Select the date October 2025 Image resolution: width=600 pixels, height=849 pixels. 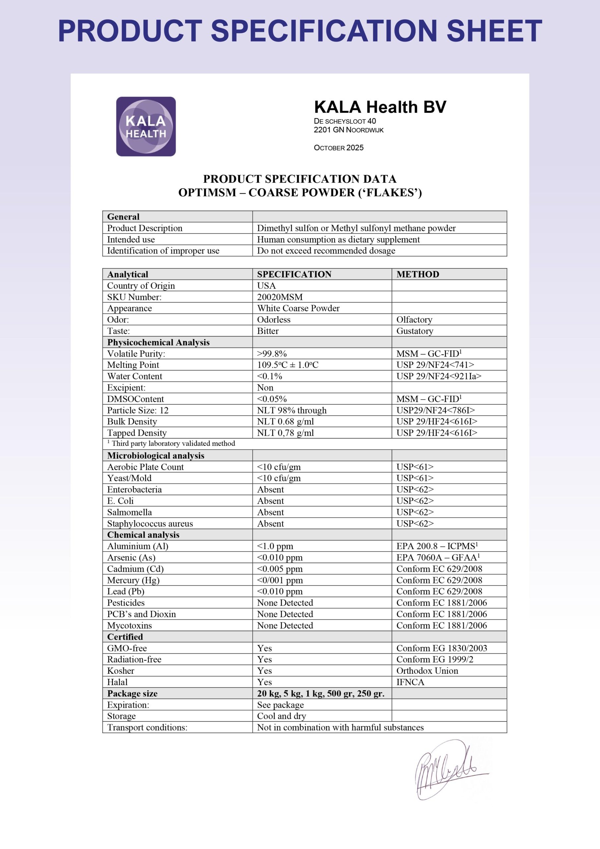[339, 148]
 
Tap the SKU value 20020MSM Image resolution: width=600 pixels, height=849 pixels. [280, 297]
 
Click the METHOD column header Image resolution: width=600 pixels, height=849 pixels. [418, 274]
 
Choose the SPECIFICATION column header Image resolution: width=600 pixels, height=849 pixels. [294, 274]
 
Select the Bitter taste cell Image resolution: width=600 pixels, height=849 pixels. [268, 331]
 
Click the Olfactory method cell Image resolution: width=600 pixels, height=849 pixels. [414, 319]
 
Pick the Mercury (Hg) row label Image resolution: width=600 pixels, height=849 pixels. [133, 580]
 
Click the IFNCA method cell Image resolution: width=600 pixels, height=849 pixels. [410, 682]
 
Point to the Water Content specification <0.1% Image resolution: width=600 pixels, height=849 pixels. [270, 376]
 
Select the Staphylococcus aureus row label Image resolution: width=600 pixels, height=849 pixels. [150, 524]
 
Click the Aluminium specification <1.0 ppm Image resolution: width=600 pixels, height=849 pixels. [275, 546]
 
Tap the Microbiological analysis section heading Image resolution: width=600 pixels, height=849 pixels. [156, 456]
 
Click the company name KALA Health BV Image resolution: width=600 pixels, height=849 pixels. [380, 107]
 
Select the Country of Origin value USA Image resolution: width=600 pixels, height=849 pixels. [267, 286]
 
